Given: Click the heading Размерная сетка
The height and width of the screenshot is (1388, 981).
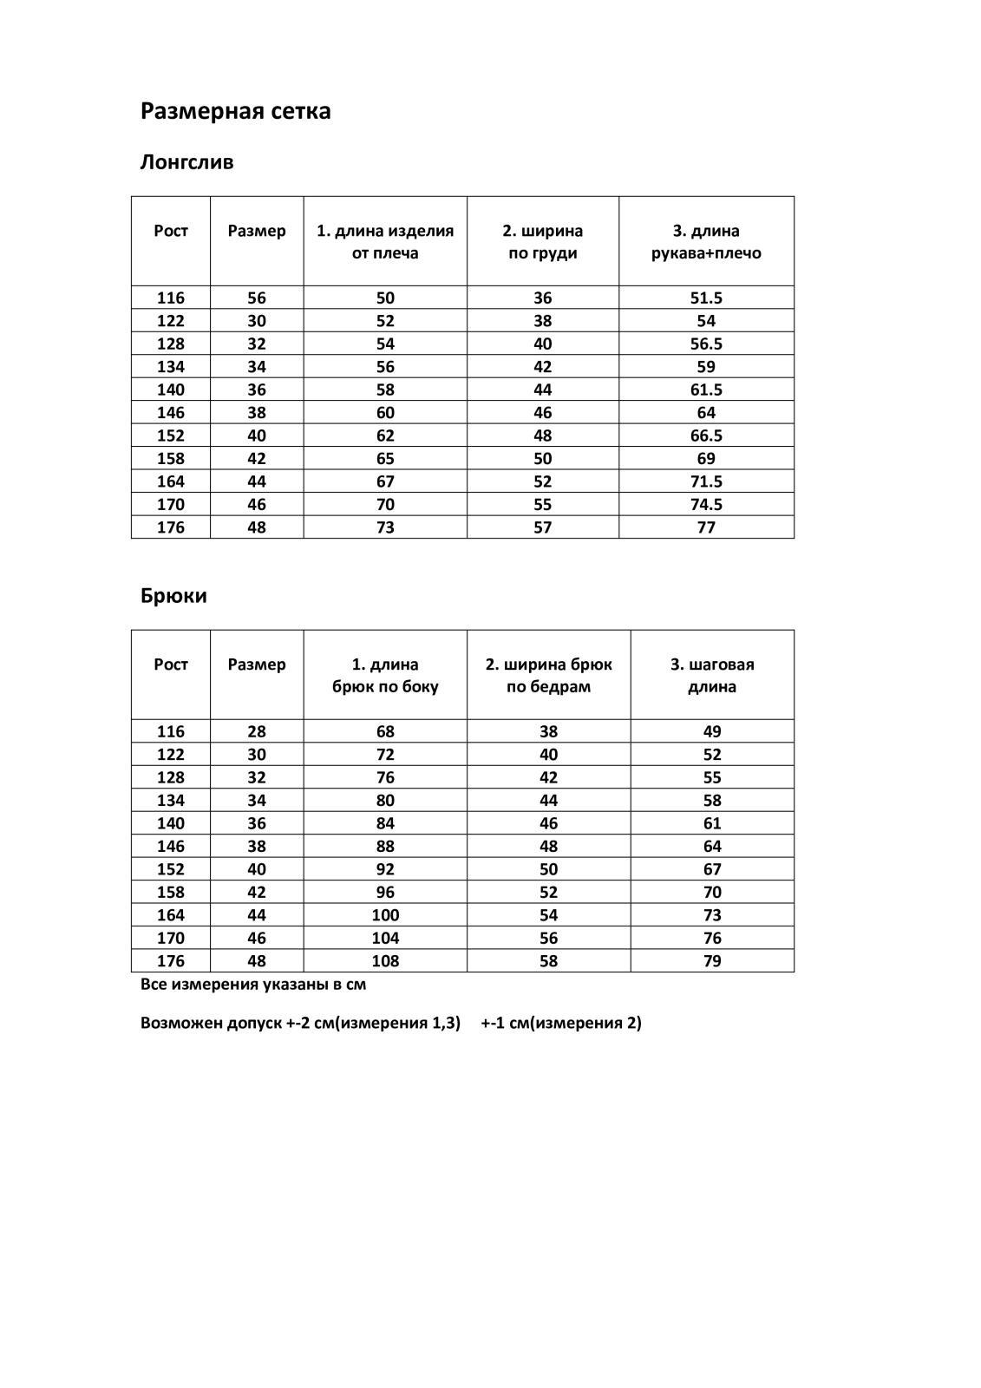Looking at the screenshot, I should (235, 112).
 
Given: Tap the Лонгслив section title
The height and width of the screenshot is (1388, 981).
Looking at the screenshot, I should (186, 162).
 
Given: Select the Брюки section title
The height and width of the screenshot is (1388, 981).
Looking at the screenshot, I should (173, 596).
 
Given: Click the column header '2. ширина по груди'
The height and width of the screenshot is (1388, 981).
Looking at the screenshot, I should (542, 242).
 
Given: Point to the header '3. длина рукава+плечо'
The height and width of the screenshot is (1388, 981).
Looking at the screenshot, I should (706, 242).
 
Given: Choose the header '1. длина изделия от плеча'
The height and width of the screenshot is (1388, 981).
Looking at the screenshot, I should (385, 242).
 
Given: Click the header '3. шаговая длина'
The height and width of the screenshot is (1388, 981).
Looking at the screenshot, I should (712, 676).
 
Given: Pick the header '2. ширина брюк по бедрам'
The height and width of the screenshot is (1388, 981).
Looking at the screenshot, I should (548, 676).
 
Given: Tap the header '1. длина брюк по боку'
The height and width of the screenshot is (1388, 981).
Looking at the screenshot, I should (385, 676).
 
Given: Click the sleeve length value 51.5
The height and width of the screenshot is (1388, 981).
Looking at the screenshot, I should (706, 298).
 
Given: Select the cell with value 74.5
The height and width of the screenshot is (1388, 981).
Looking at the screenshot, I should (706, 505).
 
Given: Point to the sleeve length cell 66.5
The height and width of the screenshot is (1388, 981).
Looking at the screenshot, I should (706, 435).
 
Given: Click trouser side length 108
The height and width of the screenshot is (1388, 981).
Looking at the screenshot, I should (385, 961).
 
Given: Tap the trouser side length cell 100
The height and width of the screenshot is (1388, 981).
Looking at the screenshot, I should (385, 915).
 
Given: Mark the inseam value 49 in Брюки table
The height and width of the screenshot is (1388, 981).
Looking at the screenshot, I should (712, 732).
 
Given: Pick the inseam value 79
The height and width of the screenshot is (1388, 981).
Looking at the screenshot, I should (712, 961).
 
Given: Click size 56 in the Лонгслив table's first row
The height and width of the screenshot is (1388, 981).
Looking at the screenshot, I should (257, 298).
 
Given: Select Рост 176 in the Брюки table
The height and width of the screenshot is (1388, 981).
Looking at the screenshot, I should (171, 961).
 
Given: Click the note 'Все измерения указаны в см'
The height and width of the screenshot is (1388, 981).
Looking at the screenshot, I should (253, 985).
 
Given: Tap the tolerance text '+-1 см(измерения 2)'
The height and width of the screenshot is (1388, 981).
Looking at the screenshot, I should (561, 1023).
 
